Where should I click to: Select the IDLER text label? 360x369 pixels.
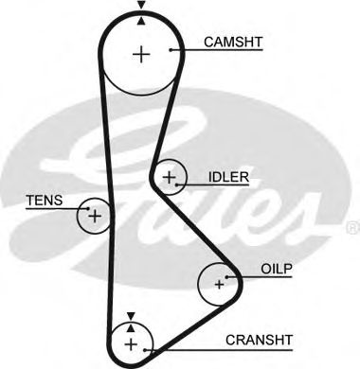(x=228, y=177)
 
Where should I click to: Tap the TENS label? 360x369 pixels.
(x=41, y=199)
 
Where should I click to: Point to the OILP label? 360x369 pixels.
(x=276, y=269)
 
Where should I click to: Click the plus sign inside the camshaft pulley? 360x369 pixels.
(x=141, y=54)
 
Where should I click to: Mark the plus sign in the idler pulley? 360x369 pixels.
(x=170, y=177)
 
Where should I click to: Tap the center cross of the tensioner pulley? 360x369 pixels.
(x=94, y=216)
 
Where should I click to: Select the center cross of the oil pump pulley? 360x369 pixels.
(x=219, y=283)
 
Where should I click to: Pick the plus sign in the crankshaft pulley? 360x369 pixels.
(x=130, y=342)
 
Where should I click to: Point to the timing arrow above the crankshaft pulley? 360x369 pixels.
(x=131, y=317)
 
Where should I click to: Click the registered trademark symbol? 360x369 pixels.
(x=352, y=227)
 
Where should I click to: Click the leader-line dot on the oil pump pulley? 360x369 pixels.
(x=234, y=277)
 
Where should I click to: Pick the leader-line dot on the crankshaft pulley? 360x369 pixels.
(x=147, y=345)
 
